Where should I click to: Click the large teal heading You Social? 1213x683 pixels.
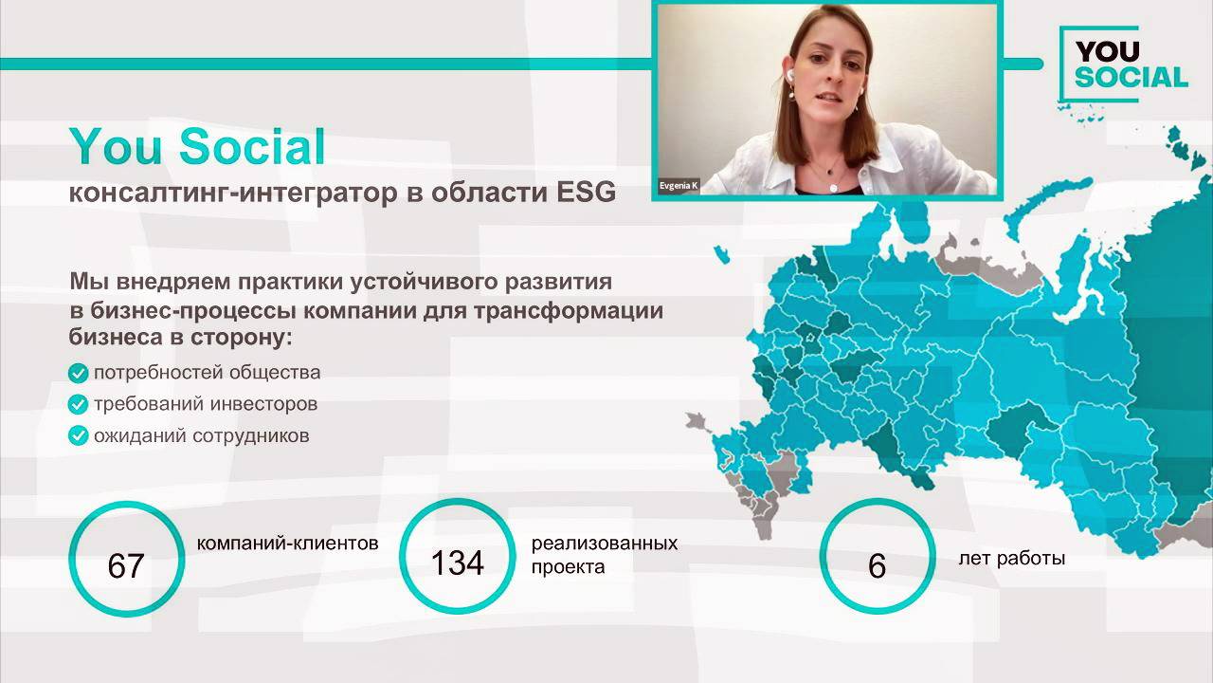[197, 147]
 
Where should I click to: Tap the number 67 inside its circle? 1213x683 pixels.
[125, 566]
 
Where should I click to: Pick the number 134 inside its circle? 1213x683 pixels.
[457, 563]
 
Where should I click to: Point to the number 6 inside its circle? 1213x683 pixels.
[877, 566]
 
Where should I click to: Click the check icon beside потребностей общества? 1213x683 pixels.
[79, 373]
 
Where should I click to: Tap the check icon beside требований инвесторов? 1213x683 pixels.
[79, 405]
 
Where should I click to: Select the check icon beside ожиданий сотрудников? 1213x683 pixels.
[79, 436]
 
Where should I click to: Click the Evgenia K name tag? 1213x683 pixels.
[679, 186]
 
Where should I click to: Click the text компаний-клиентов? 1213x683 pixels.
[288, 544]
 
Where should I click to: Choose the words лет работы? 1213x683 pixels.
[1012, 558]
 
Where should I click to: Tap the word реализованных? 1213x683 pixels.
[605, 544]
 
